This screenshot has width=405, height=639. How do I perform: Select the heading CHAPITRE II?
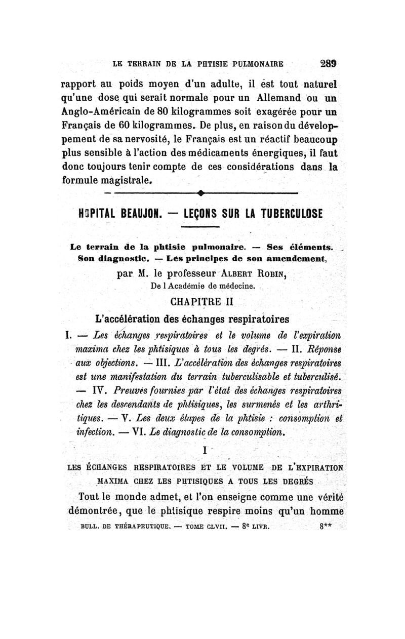point(202,303)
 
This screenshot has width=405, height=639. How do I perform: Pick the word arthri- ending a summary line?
point(328,404)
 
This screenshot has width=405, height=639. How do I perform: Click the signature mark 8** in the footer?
point(326,526)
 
